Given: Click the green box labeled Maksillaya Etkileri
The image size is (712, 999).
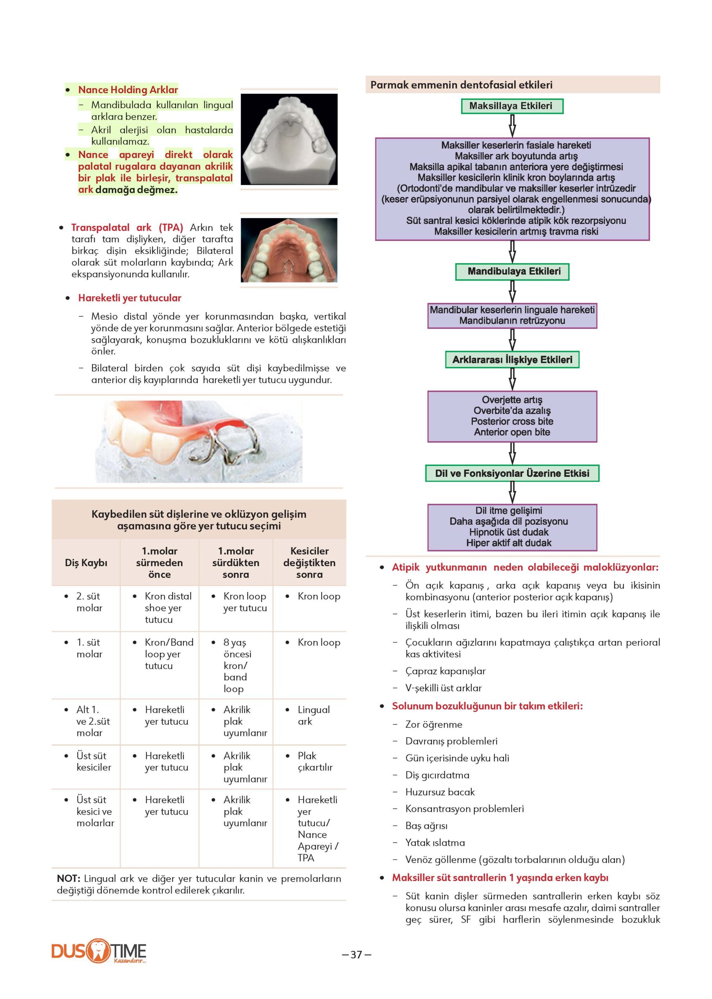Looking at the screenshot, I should coord(511,106).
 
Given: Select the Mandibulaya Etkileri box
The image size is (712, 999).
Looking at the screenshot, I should coord(512,272).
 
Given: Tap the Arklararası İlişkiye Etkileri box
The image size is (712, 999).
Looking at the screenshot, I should coord(512,360).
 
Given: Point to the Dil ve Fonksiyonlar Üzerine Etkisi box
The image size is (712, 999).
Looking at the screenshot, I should coord(512,473).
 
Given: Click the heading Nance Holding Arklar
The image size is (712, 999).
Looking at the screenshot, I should coord(128,90).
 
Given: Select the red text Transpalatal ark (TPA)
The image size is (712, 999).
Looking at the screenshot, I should coord(127,228).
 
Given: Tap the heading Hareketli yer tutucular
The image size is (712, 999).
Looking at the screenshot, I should coord(130,298).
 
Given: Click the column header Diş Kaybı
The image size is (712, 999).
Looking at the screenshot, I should coord(86,563).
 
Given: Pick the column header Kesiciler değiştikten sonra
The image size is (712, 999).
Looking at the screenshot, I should coord(309,563).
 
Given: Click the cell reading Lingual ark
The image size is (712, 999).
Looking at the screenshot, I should coord(313,715).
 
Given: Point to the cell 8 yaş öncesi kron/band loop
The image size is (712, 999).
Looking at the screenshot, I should coord(237,665).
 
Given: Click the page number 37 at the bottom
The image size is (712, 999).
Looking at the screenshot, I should coord(356,955).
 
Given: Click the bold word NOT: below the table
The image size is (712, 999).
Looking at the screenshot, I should coord(68,878).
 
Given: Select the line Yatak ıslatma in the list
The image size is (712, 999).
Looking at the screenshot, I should coord(435,843).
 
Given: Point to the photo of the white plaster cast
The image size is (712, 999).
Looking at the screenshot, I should coord(289,139).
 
